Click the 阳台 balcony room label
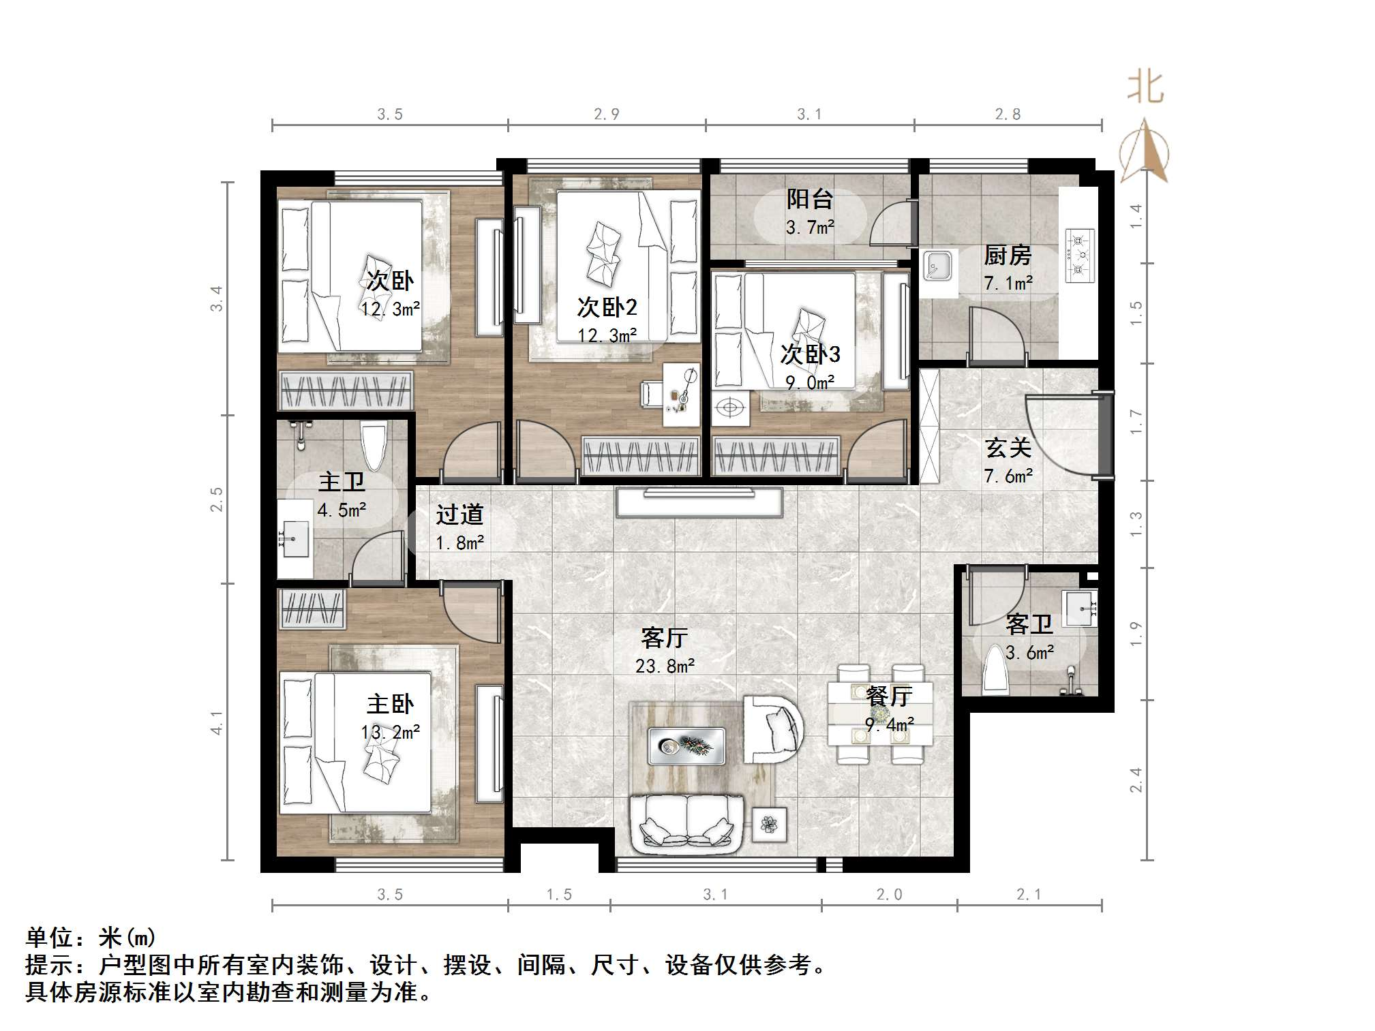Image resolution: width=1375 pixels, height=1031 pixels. tap(810, 199)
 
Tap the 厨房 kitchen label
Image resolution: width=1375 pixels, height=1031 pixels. tap(1007, 256)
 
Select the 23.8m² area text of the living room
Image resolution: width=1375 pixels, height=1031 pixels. tap(665, 666)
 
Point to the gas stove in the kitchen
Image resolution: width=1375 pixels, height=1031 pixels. tap(1079, 256)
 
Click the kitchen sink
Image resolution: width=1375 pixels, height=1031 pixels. tap(938, 266)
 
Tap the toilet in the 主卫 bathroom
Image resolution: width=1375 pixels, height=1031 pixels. tap(373, 446)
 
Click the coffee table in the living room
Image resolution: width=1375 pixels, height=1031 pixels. tap(686, 746)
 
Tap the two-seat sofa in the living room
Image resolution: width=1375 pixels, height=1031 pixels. tap(686, 825)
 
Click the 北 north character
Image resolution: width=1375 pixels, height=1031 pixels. tap(1145, 88)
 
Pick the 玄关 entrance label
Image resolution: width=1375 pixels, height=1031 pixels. tap(1008, 448)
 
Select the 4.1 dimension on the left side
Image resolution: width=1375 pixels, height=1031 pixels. tap(216, 722)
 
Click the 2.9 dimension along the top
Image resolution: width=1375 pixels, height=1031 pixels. tap(606, 114)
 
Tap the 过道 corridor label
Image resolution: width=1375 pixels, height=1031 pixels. tap(459, 514)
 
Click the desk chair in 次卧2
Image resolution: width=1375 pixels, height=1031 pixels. tap(651, 395)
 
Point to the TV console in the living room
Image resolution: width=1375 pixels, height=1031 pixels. tap(699, 502)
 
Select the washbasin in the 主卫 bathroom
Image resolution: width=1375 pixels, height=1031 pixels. tap(294, 538)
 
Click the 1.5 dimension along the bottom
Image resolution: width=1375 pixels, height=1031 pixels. tap(559, 895)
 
